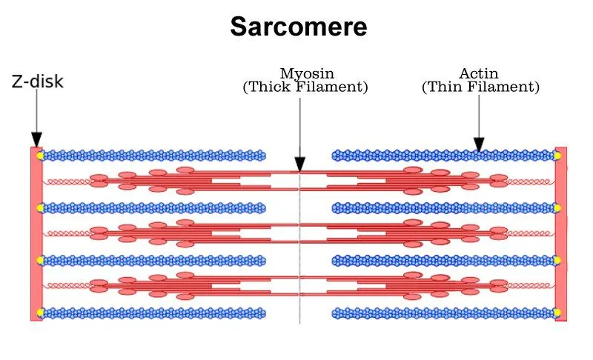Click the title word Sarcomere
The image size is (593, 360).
[x=298, y=27]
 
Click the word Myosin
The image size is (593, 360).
[x=306, y=73]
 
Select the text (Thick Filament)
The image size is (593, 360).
[x=305, y=87]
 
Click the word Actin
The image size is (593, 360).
[x=479, y=73]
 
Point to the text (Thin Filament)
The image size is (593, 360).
[x=480, y=87]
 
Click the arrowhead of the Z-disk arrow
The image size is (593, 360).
[x=36, y=140]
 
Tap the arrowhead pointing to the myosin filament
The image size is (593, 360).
[x=300, y=164]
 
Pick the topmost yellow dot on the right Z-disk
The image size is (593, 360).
[x=557, y=156]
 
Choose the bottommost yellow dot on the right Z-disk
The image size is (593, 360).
[x=557, y=312]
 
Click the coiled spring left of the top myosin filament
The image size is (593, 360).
[x=67, y=181]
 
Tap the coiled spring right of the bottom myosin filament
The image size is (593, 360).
[x=531, y=285]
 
